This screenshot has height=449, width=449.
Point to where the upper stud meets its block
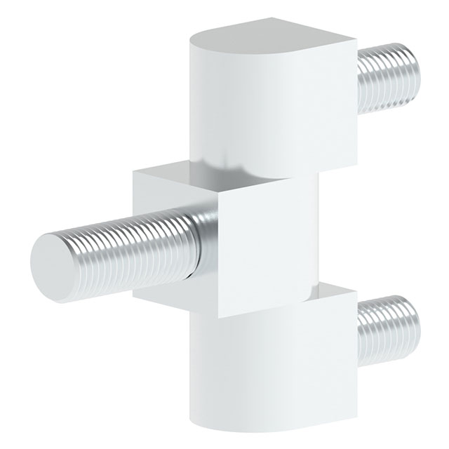click(359, 81)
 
